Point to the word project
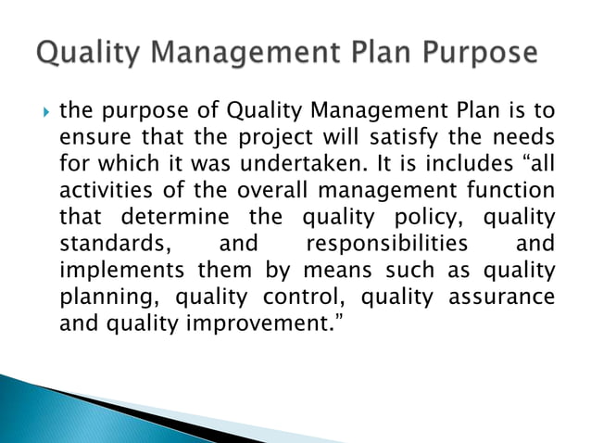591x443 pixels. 276,138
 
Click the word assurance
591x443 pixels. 504,298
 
